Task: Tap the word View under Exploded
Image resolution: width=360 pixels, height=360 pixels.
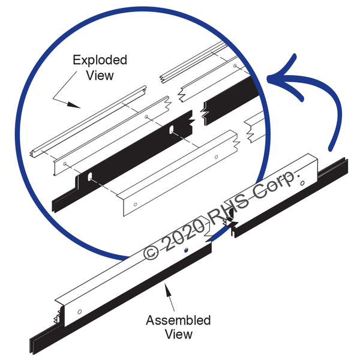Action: click(x=100, y=75)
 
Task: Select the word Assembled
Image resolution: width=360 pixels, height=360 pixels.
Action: click(x=178, y=320)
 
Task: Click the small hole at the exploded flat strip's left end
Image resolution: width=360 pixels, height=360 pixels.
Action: click(x=64, y=163)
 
